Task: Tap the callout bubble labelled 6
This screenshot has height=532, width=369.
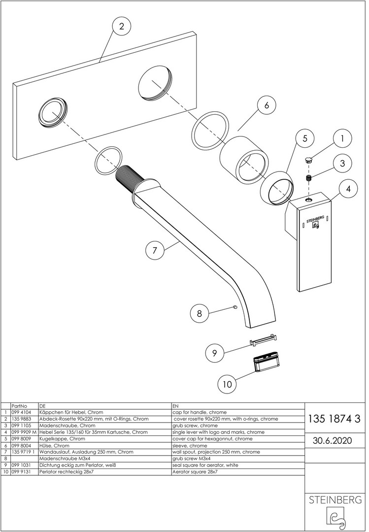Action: click(x=266, y=105)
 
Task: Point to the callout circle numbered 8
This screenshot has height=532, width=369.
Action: click(x=199, y=312)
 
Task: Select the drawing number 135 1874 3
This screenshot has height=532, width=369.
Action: click(x=335, y=419)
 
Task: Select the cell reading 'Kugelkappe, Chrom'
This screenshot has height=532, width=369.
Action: click(x=62, y=438)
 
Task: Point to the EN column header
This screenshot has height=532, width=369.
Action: click(x=176, y=405)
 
